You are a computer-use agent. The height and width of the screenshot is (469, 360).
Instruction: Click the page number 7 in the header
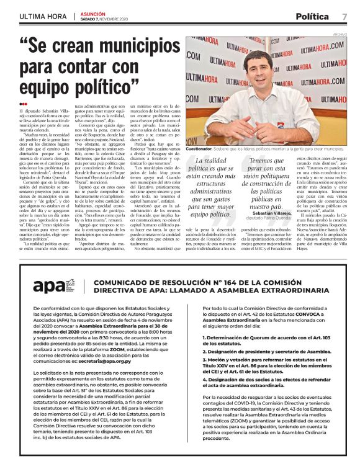(x=344, y=16)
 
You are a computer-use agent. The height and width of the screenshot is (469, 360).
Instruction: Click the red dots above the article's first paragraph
(x=23, y=104)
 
